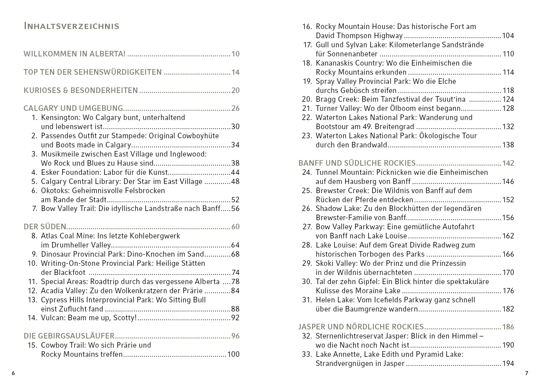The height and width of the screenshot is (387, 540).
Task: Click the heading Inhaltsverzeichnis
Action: pyautogui.click(x=72, y=26)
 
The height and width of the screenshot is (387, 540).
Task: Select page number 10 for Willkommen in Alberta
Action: pyautogui.click(x=235, y=54)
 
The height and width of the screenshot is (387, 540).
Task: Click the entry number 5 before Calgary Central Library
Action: pyautogui.click(x=34, y=182)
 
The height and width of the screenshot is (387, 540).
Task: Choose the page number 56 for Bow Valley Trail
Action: pyautogui.click(x=235, y=209)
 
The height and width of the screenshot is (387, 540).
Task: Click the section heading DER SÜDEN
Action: pyautogui.click(x=45, y=227)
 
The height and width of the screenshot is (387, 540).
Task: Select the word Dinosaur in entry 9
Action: pyautogui.click(x=56, y=254)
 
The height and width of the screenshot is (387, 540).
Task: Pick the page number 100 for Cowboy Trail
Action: pyautogui.click(x=233, y=354)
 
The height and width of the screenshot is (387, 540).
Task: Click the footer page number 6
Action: pyautogui.click(x=13, y=373)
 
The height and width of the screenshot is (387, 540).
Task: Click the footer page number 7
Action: pyautogui.click(x=526, y=373)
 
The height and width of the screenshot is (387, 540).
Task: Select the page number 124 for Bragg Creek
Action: pyautogui.click(x=508, y=99)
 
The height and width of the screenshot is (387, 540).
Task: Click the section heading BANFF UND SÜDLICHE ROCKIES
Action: pyautogui.click(x=357, y=163)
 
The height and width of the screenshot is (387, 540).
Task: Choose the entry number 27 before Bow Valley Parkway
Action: pyautogui.click(x=307, y=227)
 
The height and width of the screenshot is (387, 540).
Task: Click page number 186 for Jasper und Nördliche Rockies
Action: pyautogui.click(x=508, y=327)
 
